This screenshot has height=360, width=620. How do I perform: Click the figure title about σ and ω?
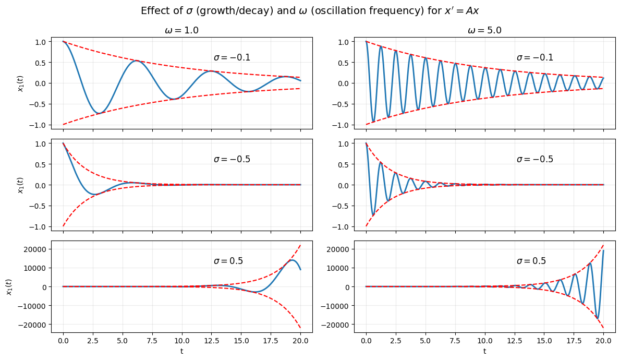point(310,11)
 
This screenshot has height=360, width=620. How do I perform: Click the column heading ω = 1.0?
point(181,31)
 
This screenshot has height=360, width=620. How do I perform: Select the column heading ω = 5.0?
point(484,31)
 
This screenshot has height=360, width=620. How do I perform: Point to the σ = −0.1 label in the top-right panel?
point(535,58)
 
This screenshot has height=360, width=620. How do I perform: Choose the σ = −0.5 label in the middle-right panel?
point(535,160)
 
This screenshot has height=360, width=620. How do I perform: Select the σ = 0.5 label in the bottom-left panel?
point(228,261)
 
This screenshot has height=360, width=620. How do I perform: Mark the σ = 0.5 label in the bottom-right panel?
point(531,261)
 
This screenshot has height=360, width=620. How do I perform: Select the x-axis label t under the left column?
point(181,351)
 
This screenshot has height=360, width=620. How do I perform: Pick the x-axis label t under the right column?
point(484,351)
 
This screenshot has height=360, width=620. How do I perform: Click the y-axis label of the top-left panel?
point(21,83)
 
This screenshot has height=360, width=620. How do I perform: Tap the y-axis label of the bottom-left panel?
point(9,286)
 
